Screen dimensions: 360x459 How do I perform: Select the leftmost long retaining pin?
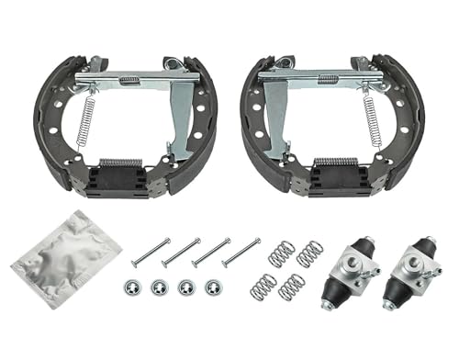tap(151, 249)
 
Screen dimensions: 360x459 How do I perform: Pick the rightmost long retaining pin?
tap(241, 250)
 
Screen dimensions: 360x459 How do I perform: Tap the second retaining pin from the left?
tap(181, 251)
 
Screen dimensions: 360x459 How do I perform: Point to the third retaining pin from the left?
tap(210, 251)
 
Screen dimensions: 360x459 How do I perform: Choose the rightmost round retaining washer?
tap(213, 287)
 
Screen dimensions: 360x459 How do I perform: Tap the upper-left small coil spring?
tap(281, 254)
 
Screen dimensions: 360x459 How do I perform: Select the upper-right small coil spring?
tap(310, 253)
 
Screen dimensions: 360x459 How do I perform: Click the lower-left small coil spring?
tap(263, 287)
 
